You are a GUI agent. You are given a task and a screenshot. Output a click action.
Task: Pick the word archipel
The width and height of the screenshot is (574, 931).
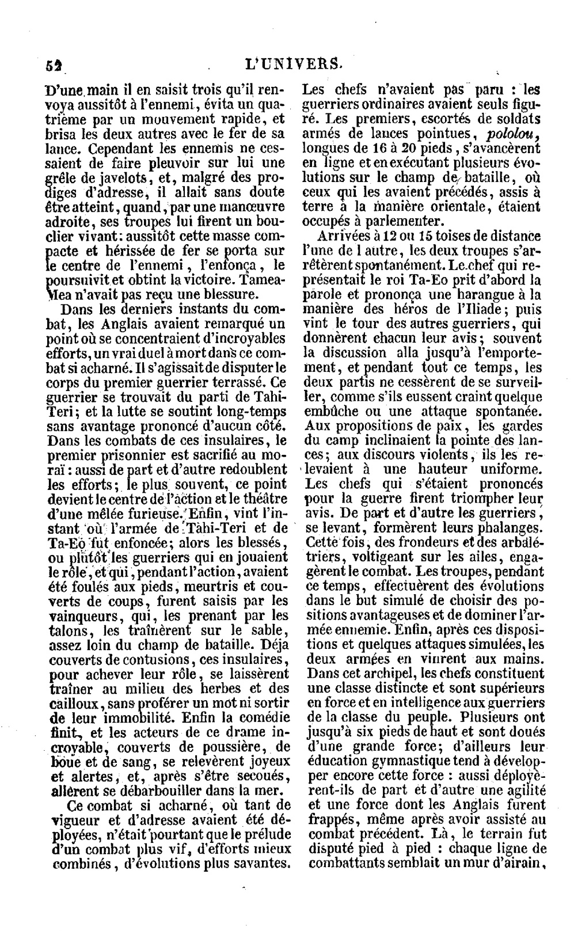coord(364,673)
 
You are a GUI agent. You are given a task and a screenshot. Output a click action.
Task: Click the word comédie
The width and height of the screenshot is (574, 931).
coord(259,717)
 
